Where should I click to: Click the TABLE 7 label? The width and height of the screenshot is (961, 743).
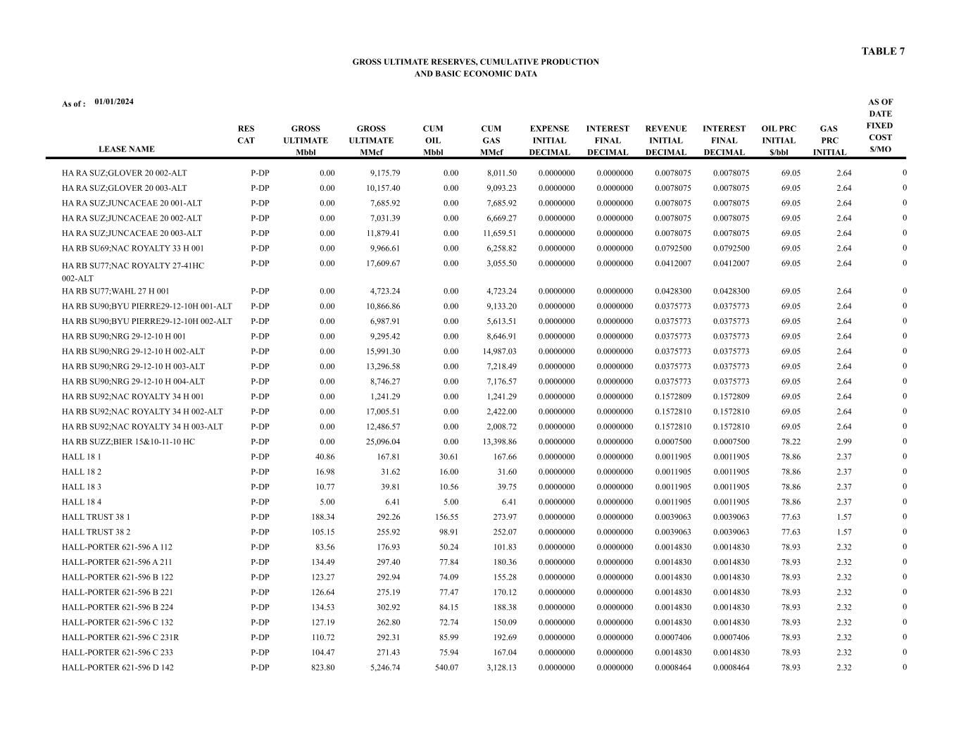(x=883, y=51)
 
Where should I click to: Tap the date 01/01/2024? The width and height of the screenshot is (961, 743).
(x=114, y=101)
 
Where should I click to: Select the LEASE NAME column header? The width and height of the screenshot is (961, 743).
(x=126, y=149)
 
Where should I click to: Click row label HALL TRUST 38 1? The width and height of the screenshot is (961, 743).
(x=96, y=517)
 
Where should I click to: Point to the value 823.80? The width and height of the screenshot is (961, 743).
(x=323, y=668)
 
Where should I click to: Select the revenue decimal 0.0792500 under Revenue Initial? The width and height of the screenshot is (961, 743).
(x=672, y=249)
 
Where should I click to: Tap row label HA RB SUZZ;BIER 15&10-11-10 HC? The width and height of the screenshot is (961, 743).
(x=128, y=442)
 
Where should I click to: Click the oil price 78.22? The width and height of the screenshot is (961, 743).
(x=790, y=442)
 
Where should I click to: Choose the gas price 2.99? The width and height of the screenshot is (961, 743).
(x=843, y=442)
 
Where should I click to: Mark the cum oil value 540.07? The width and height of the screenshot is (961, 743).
(x=444, y=668)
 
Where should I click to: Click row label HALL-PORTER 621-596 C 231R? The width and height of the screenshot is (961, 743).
(x=119, y=637)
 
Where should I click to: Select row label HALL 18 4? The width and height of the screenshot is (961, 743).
(x=82, y=502)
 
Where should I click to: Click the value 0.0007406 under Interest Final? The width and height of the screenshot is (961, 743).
(x=731, y=637)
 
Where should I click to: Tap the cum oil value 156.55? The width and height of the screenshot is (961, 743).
(x=444, y=517)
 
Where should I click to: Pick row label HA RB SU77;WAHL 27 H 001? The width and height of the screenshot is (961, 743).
(x=115, y=291)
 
